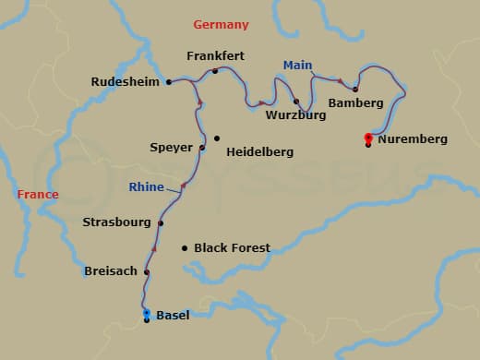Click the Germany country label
click(x=221, y=24)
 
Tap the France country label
click(x=37, y=195)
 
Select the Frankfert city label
click(x=214, y=56)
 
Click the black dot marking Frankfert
click(x=215, y=71)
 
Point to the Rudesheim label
click(x=126, y=82)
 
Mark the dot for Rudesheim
click(x=169, y=82)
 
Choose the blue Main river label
click(x=297, y=66)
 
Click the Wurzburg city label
click(x=295, y=116)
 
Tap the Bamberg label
click(x=355, y=103)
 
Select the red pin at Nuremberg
click(x=368, y=138)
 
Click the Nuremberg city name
click(x=414, y=139)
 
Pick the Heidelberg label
click(x=260, y=150)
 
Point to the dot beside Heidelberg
click(x=217, y=139)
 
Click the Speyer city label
click(x=171, y=147)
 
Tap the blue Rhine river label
click(x=148, y=187)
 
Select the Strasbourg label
click(x=116, y=222)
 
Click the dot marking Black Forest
click(x=185, y=247)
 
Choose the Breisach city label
click(x=110, y=271)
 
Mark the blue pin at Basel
click(x=147, y=314)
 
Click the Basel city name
click(x=173, y=316)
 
